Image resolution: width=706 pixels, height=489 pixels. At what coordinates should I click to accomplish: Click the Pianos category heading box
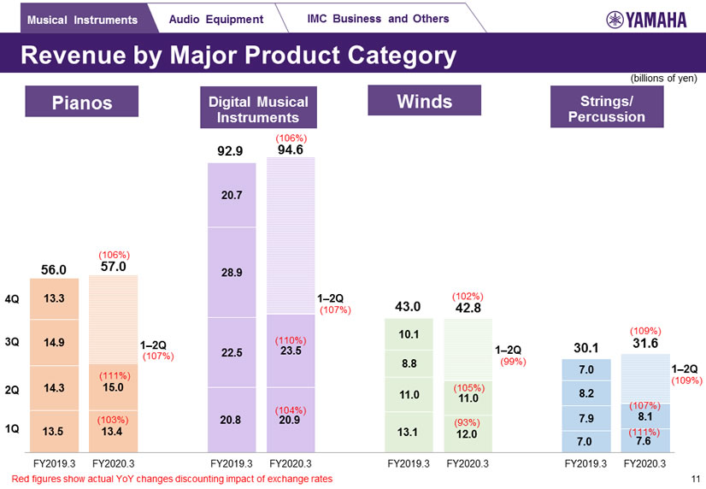point(82,103)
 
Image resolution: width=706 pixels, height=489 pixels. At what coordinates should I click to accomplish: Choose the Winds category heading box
point(424,102)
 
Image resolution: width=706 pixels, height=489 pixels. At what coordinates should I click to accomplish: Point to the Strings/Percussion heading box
point(606,109)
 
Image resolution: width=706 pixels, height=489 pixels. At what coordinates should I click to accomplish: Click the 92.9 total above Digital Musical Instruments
point(231,151)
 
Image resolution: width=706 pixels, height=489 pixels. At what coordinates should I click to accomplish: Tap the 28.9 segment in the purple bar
point(232,273)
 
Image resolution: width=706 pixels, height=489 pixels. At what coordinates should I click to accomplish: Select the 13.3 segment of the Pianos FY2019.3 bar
point(53,298)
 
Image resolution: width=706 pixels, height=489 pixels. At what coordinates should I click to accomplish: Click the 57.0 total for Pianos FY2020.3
point(113,267)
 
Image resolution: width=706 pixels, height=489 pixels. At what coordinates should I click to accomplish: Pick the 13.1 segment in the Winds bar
point(409,432)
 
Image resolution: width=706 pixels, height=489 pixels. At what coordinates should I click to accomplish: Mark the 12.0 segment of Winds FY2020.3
point(466,433)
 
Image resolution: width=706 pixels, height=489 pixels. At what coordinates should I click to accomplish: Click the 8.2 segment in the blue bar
point(586,393)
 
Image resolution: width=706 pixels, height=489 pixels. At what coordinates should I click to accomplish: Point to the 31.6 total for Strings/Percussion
point(644,343)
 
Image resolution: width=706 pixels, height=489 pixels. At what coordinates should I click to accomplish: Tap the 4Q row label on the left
point(12,299)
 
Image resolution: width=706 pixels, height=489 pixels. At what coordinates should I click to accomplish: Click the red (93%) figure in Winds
point(466,421)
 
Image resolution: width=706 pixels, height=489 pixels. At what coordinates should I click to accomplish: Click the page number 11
point(695,479)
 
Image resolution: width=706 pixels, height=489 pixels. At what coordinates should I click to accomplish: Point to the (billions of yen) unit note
point(664,78)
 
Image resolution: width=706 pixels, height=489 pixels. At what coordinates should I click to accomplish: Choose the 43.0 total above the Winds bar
point(409,306)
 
